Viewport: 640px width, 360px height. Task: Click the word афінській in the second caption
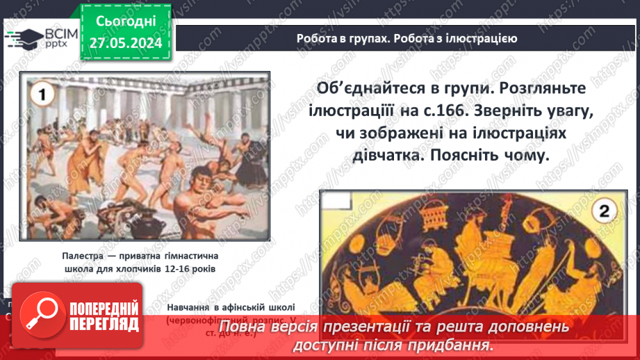(x=248, y=306)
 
